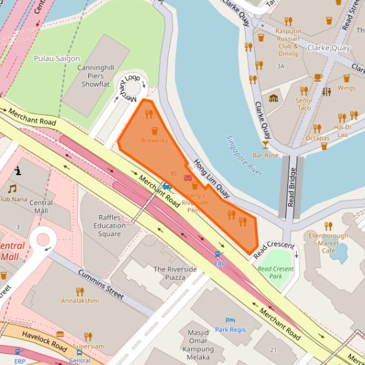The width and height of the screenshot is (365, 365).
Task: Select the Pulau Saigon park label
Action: click(57, 58)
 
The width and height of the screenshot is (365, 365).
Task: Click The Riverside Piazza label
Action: click(175, 273)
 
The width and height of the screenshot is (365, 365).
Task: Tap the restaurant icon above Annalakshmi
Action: click(80, 291)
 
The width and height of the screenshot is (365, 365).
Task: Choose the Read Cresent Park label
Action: click(275, 272)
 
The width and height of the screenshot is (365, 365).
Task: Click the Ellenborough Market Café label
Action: click(328, 243)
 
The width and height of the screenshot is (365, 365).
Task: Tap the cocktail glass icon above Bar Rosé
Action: click(265, 144)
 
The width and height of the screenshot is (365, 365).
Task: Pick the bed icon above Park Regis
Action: click(230, 320)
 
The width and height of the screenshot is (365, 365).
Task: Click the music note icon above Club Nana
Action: click(11, 189)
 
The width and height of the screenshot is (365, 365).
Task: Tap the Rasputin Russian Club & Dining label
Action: click(288, 42)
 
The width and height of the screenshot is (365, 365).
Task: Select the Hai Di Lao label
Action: click(343, 130)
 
